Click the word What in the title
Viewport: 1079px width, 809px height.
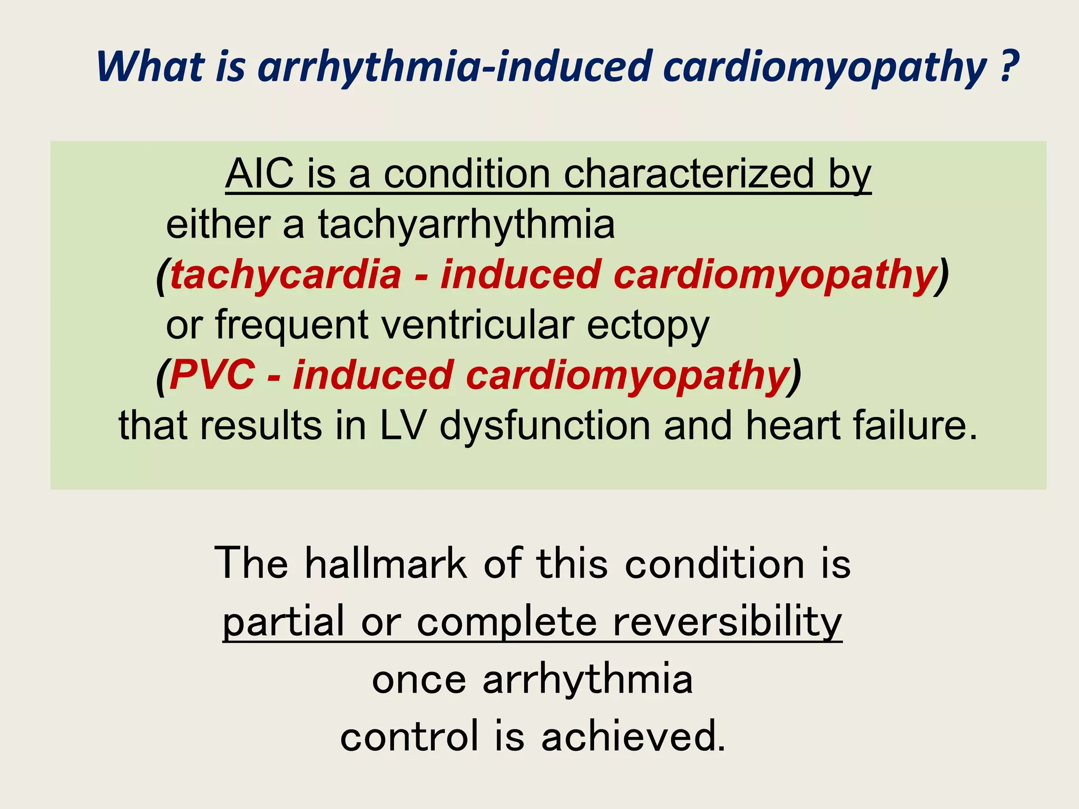[150, 67]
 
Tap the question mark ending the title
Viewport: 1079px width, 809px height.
[1007, 67]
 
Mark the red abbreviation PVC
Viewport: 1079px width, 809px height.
[212, 376]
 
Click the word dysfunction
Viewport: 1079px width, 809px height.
[545, 426]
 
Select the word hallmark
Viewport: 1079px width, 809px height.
[386, 564]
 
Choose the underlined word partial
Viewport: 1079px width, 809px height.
[283, 621]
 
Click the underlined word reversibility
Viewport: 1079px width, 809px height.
[727, 621]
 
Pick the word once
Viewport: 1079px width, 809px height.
[419, 679]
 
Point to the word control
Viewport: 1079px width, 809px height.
[409, 736]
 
